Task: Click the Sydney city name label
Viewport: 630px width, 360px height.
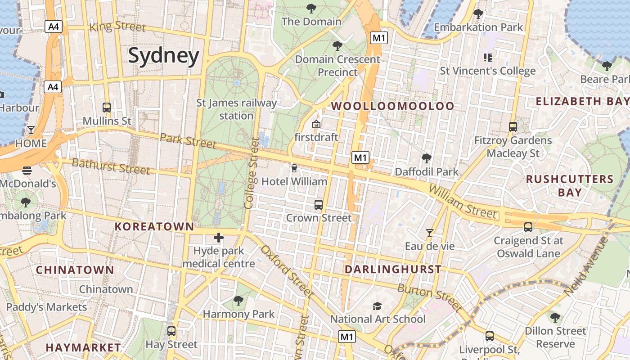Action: pyautogui.click(x=163, y=56)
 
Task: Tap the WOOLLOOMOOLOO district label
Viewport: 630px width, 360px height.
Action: pyautogui.click(x=393, y=106)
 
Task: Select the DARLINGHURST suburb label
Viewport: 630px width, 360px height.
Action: pyautogui.click(x=393, y=270)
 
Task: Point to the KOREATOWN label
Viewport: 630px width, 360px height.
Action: pyautogui.click(x=154, y=227)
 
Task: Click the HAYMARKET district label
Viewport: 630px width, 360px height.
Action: pyautogui.click(x=83, y=348)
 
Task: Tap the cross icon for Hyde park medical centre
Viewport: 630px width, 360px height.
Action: pyautogui.click(x=219, y=238)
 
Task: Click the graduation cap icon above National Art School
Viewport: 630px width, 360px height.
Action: pyautogui.click(x=377, y=306)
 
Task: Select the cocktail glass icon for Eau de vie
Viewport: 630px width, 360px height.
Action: pyautogui.click(x=430, y=233)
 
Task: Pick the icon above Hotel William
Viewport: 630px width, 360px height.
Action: pyautogui.click(x=294, y=168)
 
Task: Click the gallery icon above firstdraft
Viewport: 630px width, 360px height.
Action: pyautogui.click(x=316, y=124)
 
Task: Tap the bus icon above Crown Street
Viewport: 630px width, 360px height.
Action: pyautogui.click(x=319, y=205)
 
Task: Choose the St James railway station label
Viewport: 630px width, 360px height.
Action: pyautogui.click(x=237, y=109)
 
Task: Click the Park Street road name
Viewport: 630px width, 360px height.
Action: pyautogui.click(x=188, y=140)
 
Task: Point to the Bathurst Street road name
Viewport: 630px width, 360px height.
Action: pyautogui.click(x=111, y=166)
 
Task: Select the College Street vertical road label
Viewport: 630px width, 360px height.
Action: pyautogui.click(x=250, y=174)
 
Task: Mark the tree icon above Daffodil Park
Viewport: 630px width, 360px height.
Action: pyautogui.click(x=426, y=158)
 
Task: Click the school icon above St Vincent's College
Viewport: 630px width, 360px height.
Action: pyautogui.click(x=487, y=58)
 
